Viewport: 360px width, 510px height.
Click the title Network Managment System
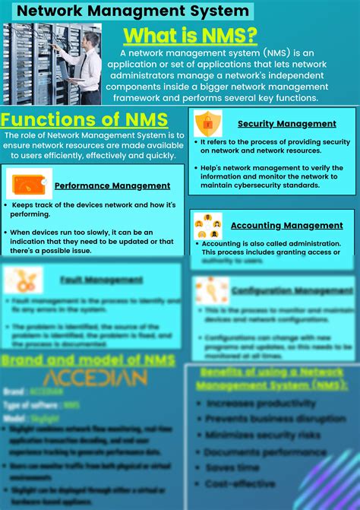point(133,11)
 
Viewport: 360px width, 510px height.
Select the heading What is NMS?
point(190,36)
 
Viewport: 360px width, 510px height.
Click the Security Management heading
point(286,123)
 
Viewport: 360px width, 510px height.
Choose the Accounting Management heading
point(286,225)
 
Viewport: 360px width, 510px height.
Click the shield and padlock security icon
point(207,123)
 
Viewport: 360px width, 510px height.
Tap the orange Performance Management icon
point(29,184)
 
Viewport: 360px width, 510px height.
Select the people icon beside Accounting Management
point(207,224)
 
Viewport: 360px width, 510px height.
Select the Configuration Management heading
point(292,290)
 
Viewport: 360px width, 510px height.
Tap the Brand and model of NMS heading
point(89,359)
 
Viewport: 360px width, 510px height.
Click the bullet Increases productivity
point(261,403)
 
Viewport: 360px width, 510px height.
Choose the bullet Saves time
point(232,467)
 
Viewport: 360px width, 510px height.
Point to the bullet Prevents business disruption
point(275,419)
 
